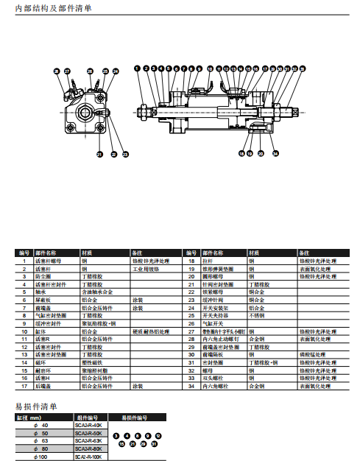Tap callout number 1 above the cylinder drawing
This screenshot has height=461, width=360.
coord(137,68)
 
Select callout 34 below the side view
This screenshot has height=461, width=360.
coord(275,154)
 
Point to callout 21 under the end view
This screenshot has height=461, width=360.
coord(99,155)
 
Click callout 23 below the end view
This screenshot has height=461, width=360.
coord(125,155)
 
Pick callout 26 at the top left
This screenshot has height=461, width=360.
coord(57,71)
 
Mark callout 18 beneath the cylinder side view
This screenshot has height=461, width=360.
coord(241,154)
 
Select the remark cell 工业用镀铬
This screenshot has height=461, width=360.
coord(146,269)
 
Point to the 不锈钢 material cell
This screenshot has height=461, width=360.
coord(256,315)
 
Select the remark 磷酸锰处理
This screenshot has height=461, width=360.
coord(312,355)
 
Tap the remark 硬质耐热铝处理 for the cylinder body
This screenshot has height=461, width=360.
coord(153,331)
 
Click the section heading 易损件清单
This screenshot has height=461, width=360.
coord(36,406)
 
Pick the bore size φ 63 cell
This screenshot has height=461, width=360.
coord(43,441)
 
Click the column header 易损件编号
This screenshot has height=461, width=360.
coord(135,418)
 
